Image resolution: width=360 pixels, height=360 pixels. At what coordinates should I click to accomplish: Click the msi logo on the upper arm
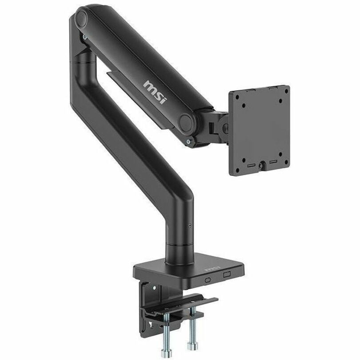click(155, 90)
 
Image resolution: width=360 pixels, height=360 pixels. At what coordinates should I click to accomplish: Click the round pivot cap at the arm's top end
click(81, 19)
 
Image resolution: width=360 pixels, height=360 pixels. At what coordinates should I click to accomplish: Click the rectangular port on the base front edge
click(228, 275)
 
